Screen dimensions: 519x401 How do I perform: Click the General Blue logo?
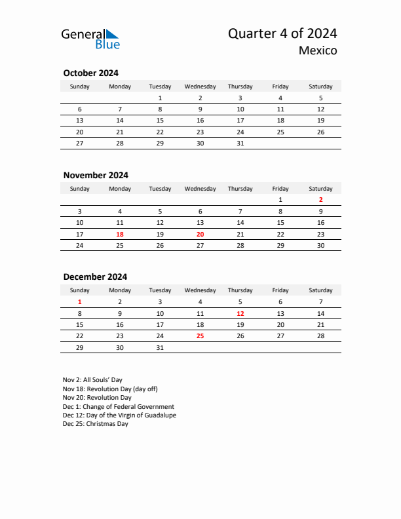click(x=90, y=39)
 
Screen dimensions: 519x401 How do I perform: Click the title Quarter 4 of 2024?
click(x=282, y=34)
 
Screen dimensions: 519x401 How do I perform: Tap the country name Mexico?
click(x=318, y=50)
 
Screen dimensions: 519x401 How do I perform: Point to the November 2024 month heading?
click(x=96, y=175)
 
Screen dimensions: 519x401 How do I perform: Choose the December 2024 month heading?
click(x=95, y=277)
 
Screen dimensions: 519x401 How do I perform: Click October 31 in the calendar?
click(x=240, y=143)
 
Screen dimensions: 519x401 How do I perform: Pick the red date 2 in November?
click(x=320, y=199)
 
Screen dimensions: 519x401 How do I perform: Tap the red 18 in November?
click(x=120, y=234)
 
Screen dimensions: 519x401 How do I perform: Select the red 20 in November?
click(x=200, y=234)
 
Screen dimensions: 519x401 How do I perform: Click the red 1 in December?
click(x=80, y=301)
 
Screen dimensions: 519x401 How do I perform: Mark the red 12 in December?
click(x=240, y=313)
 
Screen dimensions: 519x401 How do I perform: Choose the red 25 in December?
click(x=200, y=336)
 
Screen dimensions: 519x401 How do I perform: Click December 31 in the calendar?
click(x=160, y=348)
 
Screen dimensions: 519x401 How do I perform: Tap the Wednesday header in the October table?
click(x=200, y=86)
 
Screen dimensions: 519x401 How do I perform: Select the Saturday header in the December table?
click(x=320, y=290)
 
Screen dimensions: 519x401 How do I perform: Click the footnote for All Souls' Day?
click(x=92, y=380)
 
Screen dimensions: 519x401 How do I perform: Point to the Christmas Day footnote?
click(x=96, y=424)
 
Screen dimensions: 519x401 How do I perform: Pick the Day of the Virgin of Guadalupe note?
click(x=119, y=415)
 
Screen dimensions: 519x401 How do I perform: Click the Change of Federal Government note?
click(x=119, y=406)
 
